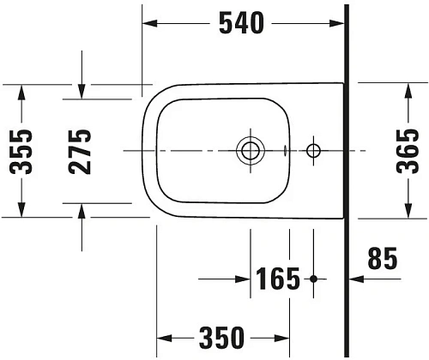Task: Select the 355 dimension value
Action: pos(22,150)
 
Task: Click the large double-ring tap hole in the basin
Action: pos(251,152)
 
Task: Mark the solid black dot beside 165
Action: pos(313,279)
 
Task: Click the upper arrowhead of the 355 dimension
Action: pos(22,91)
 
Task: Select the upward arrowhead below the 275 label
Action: pos(81,211)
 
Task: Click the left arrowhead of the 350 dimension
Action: pos(163,337)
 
